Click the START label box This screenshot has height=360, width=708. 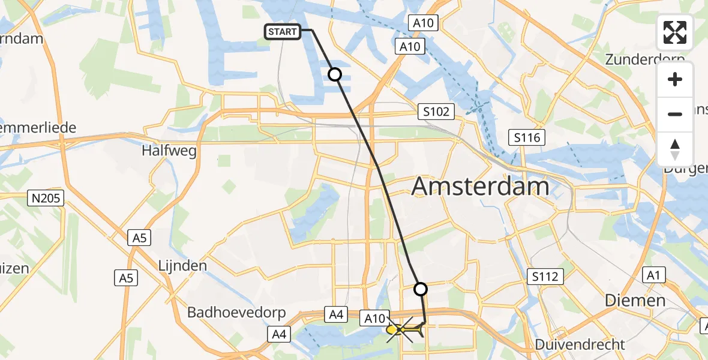283,31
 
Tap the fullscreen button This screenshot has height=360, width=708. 675,32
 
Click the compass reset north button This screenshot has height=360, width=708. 675,149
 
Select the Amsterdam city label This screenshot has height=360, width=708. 480,187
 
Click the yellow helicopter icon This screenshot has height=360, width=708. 396,329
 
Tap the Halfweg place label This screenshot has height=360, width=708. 169,151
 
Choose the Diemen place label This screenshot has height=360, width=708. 635,301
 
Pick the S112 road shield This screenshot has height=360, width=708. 545,277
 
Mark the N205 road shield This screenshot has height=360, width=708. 46,198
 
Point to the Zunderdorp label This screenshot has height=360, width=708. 644,59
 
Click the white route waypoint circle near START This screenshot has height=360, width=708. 335,74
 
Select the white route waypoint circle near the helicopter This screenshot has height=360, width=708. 421,289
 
